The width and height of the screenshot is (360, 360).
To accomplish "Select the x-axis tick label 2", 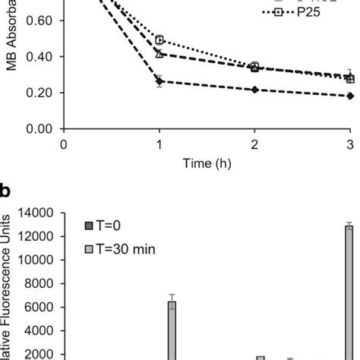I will pyautogui.click(x=254, y=144).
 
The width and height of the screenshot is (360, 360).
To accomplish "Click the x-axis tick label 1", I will pyautogui.click(x=159, y=144).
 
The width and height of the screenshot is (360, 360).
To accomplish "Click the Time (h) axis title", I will pyautogui.click(x=207, y=163).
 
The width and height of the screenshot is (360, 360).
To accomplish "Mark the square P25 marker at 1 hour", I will pyautogui.click(x=159, y=39).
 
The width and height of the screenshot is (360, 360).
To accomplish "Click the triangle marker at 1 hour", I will pyautogui.click(x=159, y=54).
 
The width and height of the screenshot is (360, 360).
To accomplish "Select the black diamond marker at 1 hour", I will pyautogui.click(x=159, y=81).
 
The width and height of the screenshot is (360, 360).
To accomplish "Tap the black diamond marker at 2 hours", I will pyautogui.click(x=254, y=90).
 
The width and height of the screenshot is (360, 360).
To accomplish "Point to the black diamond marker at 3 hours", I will pyautogui.click(x=350, y=96).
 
